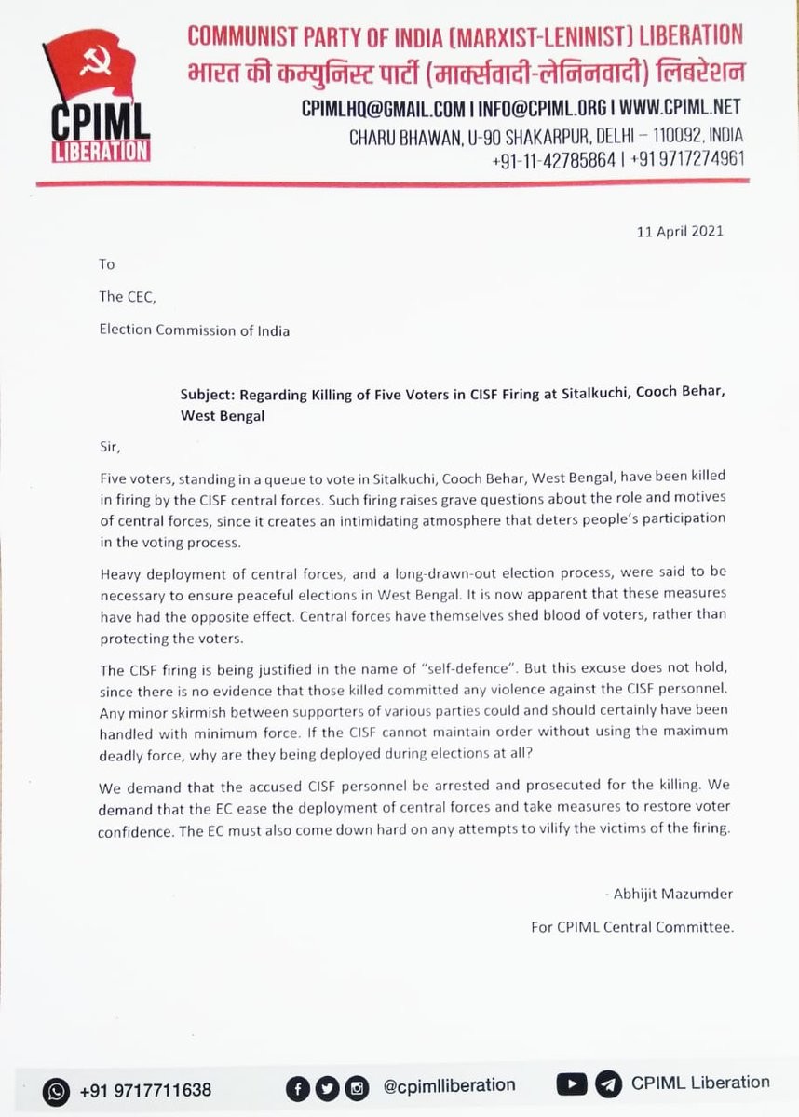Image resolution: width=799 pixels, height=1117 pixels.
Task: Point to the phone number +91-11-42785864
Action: coord(554,159)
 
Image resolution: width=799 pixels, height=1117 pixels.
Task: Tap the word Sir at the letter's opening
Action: coord(110,446)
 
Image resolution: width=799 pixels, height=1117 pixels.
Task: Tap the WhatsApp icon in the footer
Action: coord(58,1089)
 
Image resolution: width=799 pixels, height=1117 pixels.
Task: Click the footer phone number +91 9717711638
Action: coord(145,1089)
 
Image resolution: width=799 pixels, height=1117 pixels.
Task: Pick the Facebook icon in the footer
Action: coord(299,1087)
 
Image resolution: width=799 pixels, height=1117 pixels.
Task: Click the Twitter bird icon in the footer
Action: coord(327,1087)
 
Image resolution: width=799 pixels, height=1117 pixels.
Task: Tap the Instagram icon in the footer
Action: coord(356,1087)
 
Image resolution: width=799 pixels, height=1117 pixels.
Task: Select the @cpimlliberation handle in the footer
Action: coord(449,1085)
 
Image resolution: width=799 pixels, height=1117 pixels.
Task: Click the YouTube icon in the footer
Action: coord(571,1084)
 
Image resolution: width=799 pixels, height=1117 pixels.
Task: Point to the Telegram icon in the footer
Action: coord(607,1084)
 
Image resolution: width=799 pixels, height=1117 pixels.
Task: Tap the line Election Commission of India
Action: coord(194,330)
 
